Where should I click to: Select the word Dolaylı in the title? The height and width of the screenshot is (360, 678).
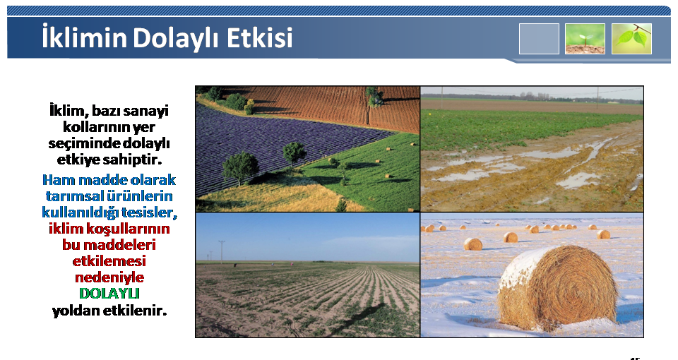point(177,38)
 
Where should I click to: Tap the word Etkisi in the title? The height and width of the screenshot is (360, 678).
point(260,37)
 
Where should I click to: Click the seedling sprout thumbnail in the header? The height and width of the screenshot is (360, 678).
point(585,38)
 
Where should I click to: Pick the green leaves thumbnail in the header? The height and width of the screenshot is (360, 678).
point(631,38)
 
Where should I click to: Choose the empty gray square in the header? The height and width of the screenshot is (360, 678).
point(539,38)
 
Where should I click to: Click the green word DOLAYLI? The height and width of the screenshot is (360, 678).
point(109,294)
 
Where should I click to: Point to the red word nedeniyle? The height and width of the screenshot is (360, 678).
point(109,277)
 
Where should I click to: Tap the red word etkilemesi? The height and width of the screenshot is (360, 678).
point(109,261)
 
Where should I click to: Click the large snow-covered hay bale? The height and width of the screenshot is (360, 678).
point(557,289)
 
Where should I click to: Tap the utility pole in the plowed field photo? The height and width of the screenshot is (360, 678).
point(222,251)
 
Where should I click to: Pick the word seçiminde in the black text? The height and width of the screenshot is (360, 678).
point(84,143)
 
